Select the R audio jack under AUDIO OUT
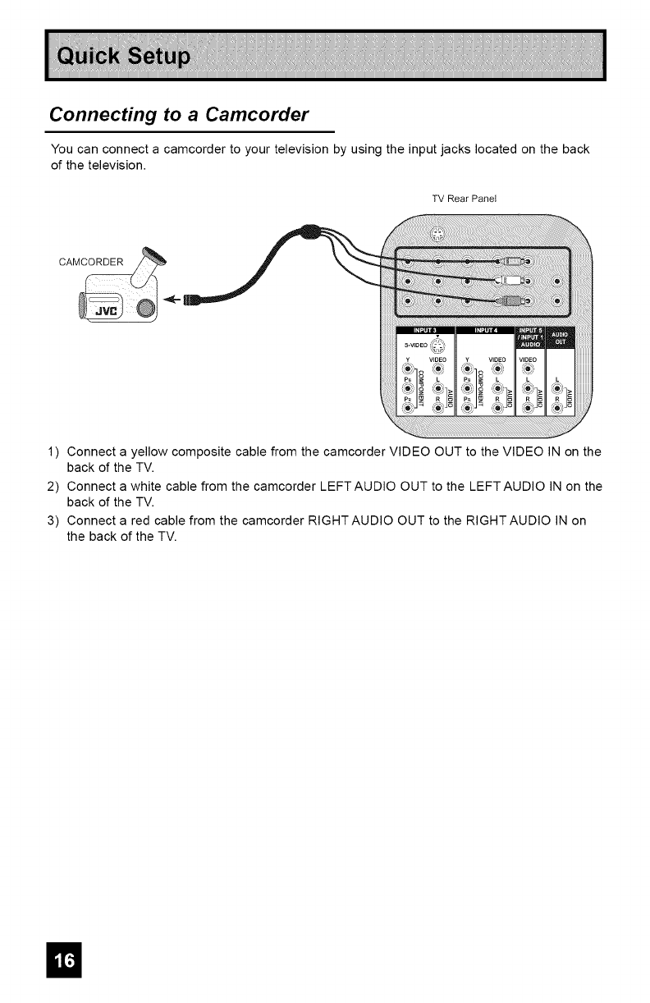click(x=559, y=408)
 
